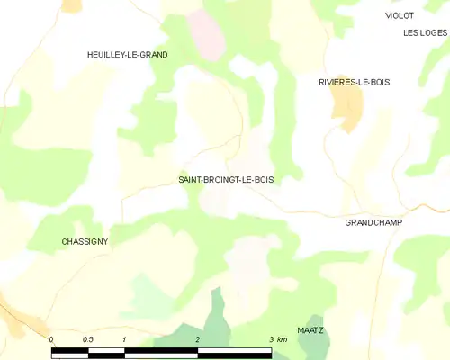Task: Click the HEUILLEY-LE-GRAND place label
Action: [x=127, y=55]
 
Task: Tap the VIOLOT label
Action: [x=399, y=16]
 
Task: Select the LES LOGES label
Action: [x=425, y=33]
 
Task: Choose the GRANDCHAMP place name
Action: [x=373, y=221]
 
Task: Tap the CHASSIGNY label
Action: [x=85, y=242]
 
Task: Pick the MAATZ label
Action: [x=310, y=330]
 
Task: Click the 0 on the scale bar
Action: [x=51, y=339]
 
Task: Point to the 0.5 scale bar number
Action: [x=87, y=339]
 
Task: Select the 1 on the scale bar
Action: [x=124, y=339]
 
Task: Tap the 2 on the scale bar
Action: [x=198, y=339]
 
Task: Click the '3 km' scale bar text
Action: [x=277, y=339]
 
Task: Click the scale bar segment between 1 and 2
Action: [x=161, y=354]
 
